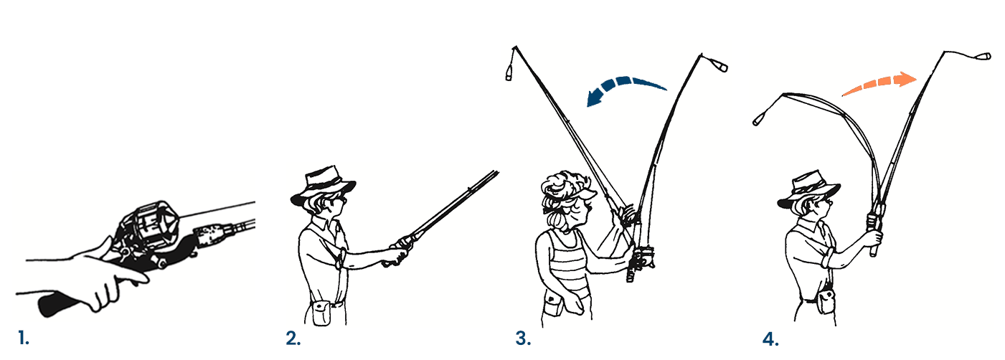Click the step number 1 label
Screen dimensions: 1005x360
click(24, 338)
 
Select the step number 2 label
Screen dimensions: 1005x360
click(293, 338)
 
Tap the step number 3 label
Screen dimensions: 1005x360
click(523, 338)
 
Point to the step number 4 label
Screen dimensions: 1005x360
click(770, 339)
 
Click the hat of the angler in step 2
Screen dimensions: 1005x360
click(323, 185)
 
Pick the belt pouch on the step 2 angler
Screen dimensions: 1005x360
click(321, 313)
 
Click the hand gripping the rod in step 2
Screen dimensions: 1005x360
click(397, 254)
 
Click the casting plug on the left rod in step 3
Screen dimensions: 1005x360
click(509, 74)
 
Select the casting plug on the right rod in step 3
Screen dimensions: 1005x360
click(720, 65)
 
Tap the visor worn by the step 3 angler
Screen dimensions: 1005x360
click(583, 194)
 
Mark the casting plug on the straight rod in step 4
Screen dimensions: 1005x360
click(983, 57)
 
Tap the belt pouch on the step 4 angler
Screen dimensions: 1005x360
click(826, 301)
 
